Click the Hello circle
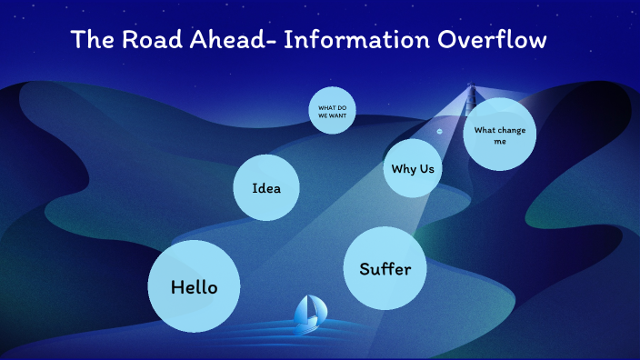(x=195, y=286)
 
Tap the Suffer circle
(x=385, y=268)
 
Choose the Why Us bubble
(x=413, y=168)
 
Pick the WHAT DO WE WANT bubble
(x=332, y=111)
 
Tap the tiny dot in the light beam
(x=439, y=131)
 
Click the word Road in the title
(x=147, y=40)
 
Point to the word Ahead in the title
(x=225, y=40)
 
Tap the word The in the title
(x=91, y=40)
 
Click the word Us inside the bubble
(x=425, y=168)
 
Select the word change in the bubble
(x=507, y=129)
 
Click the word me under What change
(x=499, y=141)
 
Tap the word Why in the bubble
(x=403, y=168)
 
